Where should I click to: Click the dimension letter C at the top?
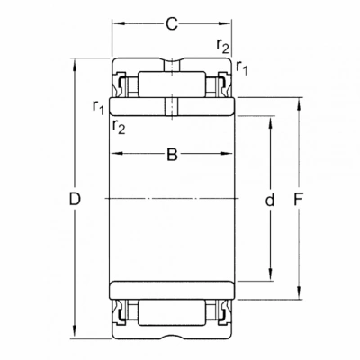pyautogui.click(x=172, y=24)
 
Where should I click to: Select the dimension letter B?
pyautogui.click(x=172, y=155)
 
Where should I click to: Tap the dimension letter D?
pyautogui.click(x=75, y=199)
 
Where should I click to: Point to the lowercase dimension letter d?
pyautogui.click(x=270, y=200)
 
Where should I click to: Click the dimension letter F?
pyautogui.click(x=299, y=199)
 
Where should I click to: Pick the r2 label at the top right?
pyautogui.click(x=222, y=46)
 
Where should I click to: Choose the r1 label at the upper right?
pyautogui.click(x=242, y=67)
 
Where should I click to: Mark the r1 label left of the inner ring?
pyautogui.click(x=98, y=107)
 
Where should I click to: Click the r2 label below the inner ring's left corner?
pyautogui.click(x=119, y=126)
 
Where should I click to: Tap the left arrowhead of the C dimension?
pyautogui.click(x=118, y=23)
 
